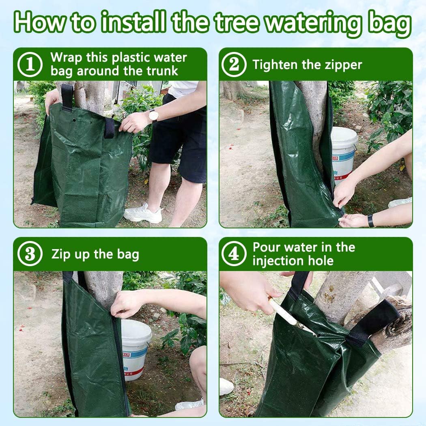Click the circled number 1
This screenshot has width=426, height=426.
[x=30, y=65]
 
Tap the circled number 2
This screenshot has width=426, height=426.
[x=234, y=65]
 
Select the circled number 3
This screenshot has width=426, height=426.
[x=30, y=254]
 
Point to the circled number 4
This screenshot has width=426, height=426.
[x=234, y=254]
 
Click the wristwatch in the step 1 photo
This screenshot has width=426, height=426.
[x=153, y=116]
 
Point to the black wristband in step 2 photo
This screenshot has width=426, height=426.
[x=370, y=221]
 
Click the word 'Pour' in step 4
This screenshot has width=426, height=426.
[x=267, y=247]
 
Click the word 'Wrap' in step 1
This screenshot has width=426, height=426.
[x=65, y=58]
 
